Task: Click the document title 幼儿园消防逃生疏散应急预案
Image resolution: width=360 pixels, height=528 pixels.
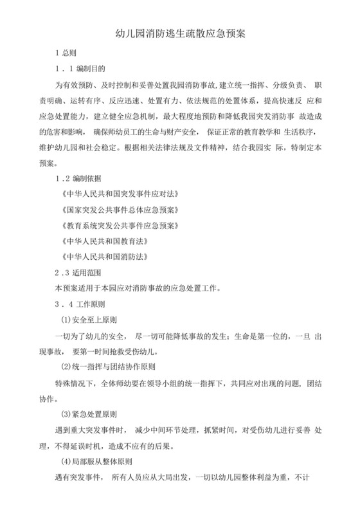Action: point(180,32)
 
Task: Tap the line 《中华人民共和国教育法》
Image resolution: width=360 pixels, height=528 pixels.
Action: point(103,241)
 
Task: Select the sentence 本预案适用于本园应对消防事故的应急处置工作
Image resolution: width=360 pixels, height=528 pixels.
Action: point(138,288)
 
